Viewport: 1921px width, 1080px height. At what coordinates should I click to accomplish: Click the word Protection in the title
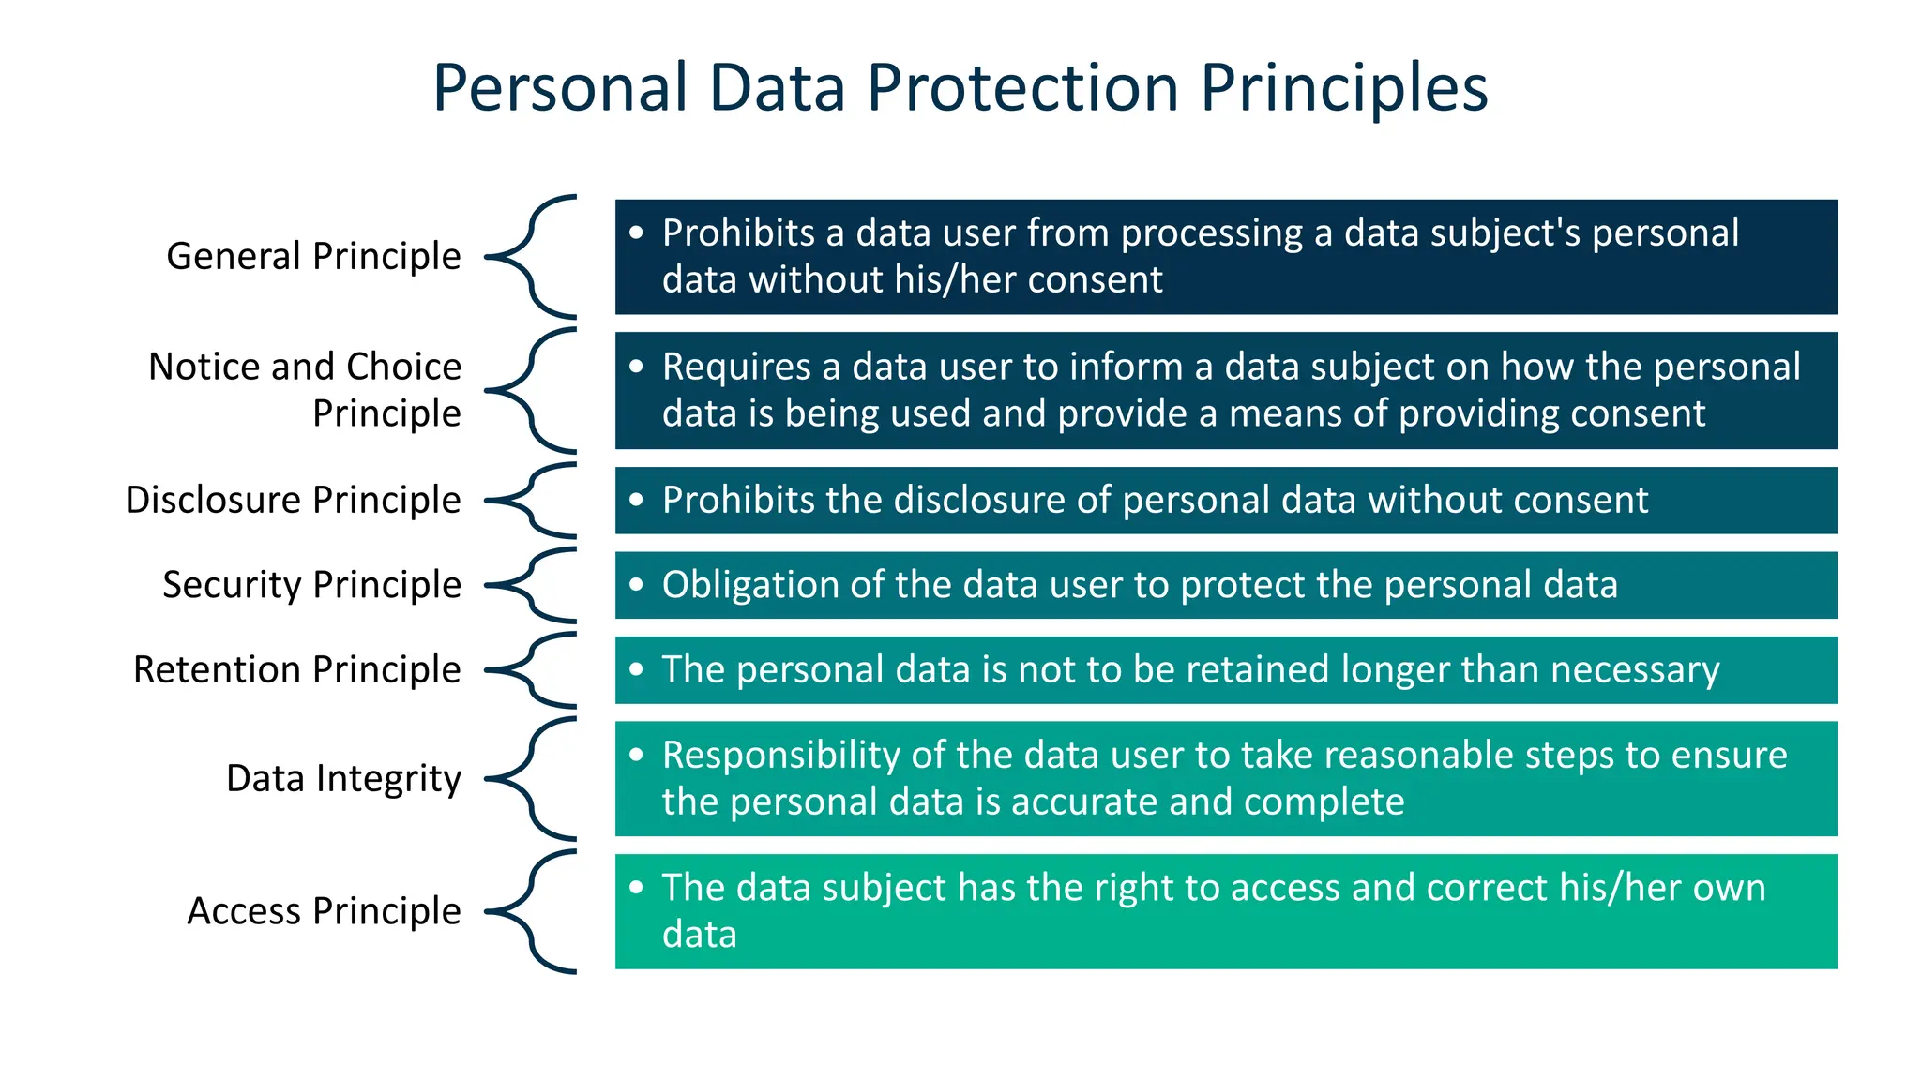coord(1022,87)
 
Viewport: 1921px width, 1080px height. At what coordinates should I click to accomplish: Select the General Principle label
coord(313,256)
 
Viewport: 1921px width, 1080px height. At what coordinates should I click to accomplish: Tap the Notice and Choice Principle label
coord(305,389)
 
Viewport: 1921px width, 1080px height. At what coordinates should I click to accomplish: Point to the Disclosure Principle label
coord(293,500)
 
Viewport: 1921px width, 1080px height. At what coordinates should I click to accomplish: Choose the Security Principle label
coord(311,584)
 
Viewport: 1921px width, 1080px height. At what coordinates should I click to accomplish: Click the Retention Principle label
coord(296,669)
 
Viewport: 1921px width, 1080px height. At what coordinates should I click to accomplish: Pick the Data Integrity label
coord(343,778)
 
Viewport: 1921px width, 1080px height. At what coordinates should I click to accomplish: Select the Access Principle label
coord(324,910)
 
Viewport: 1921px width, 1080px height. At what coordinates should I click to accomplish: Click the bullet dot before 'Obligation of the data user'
coord(637,585)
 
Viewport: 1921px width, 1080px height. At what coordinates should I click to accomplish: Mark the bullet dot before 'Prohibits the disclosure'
coord(637,500)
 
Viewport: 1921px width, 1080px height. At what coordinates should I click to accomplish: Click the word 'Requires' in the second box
coord(736,367)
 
